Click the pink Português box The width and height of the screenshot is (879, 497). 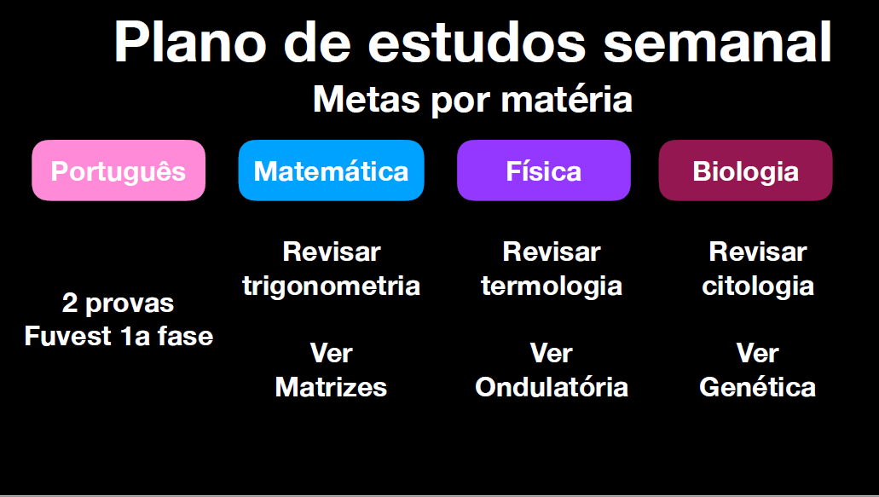coord(119,170)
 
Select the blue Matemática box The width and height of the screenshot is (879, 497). coord(332,170)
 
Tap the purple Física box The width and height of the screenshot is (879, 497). coord(544,170)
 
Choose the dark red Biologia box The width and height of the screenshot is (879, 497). coord(746,170)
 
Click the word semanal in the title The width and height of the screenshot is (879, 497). coord(718,43)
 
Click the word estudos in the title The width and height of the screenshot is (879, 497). coord(477,43)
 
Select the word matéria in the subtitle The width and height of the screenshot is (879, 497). coord(567,100)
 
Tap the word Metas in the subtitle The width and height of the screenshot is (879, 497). coord(367,100)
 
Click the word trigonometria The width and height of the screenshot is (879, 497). coord(332,286)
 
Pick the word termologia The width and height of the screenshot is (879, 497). coord(552,286)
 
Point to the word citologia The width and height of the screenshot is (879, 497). coord(758,286)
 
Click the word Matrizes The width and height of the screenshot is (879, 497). coord(332,387)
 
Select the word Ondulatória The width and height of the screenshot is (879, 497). coord(552,387)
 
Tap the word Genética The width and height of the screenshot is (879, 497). coord(758,387)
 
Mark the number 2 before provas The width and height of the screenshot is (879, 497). coord(70,303)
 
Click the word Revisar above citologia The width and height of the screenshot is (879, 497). coord(758,251)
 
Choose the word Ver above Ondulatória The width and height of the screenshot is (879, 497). coord(552,353)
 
